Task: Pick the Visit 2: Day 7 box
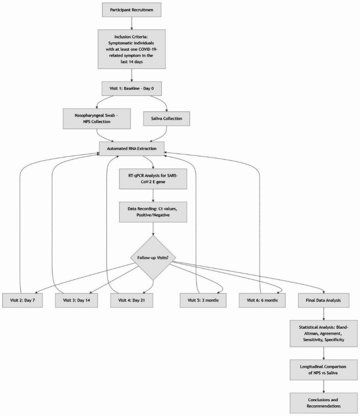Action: coord(22,300)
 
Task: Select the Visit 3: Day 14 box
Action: coord(76,300)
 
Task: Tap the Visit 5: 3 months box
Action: coord(203,300)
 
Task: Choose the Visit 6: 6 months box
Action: coord(262,300)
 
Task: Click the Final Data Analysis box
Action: coord(323,300)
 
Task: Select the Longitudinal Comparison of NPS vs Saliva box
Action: coord(323,370)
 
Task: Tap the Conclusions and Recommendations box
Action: coord(323,403)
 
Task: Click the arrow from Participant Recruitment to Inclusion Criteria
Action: coord(132,23)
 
